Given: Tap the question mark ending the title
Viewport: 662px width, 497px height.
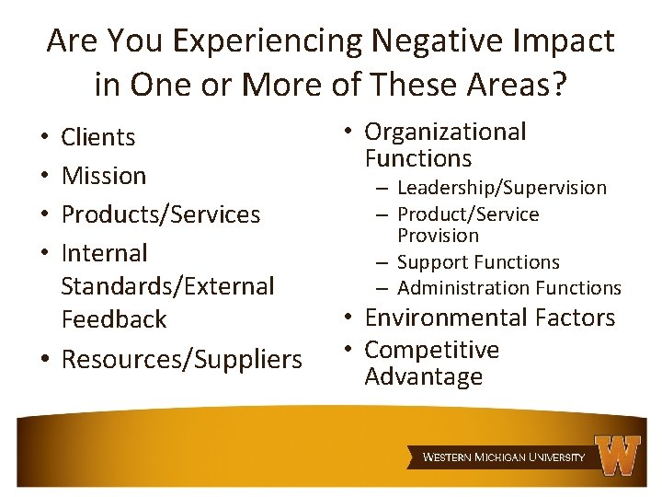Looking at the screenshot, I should click(560, 86).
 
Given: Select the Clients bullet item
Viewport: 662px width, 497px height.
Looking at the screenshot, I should click(97, 137).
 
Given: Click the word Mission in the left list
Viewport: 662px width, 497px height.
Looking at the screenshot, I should click(103, 175).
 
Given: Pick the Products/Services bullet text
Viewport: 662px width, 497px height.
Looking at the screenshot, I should click(160, 214).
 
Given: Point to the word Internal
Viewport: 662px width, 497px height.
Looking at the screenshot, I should click(104, 252).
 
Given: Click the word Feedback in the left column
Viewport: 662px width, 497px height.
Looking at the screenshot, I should click(113, 319).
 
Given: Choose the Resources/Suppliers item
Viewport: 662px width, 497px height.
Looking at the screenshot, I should click(181, 359).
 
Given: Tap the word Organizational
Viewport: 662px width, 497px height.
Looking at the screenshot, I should click(445, 132).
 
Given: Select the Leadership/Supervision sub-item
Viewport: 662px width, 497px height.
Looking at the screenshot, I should click(502, 188).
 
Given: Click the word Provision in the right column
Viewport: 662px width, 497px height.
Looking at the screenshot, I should click(438, 236).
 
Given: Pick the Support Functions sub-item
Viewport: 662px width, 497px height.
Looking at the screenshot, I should click(478, 262).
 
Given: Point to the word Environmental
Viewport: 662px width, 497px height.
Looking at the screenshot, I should click(444, 318).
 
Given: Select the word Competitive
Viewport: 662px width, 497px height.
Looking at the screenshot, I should click(431, 350).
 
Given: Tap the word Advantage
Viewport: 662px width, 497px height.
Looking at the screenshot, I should click(423, 376).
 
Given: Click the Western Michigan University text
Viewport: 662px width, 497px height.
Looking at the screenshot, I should click(503, 457).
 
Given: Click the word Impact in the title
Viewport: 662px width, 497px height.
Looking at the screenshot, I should click(569, 40).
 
